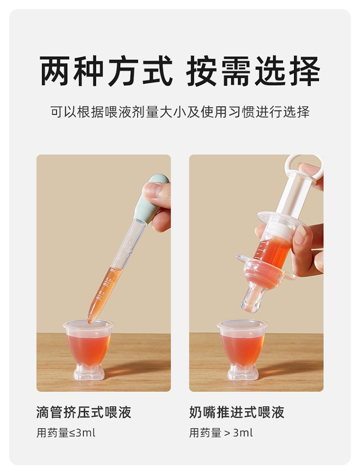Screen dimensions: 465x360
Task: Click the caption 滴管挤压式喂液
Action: tap(84, 412)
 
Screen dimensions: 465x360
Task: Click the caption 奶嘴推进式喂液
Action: tap(237, 412)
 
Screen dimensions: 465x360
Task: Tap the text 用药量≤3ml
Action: tap(66, 433)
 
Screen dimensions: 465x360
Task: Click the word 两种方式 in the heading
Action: tap(106, 71)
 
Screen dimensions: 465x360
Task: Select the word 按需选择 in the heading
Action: tap(253, 71)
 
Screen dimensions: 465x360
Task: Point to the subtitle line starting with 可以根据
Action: tap(180, 112)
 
